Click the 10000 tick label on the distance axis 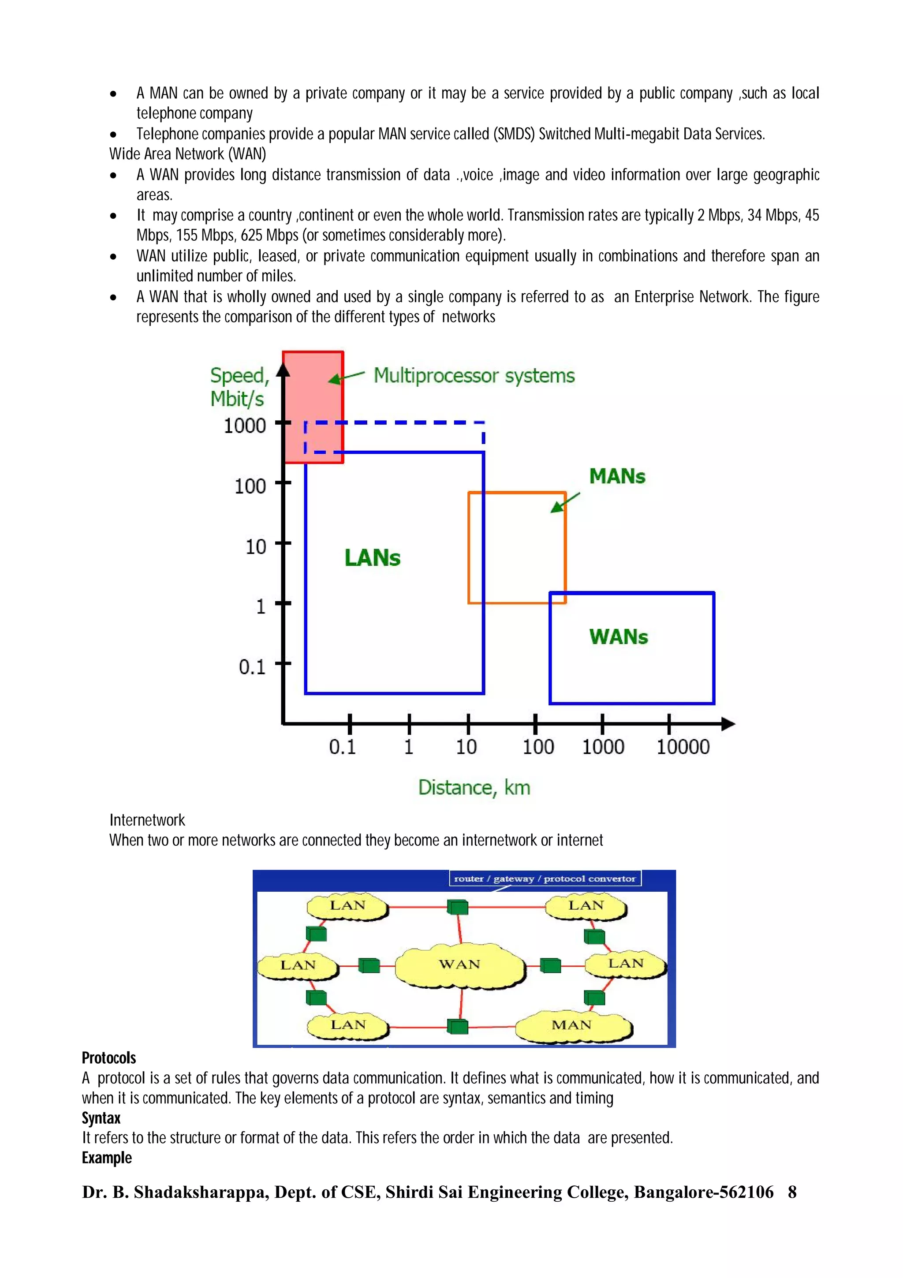[x=683, y=747]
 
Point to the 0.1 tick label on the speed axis [x=252, y=666]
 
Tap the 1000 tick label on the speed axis [x=245, y=426]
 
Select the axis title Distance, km [x=474, y=788]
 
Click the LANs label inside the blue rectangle [x=372, y=558]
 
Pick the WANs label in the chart [x=619, y=637]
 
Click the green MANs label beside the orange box [x=617, y=476]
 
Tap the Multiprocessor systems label [x=474, y=376]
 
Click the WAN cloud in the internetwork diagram [x=459, y=964]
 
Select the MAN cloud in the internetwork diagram [x=572, y=1025]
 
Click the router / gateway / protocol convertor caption [x=545, y=879]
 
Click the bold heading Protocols [x=109, y=1058]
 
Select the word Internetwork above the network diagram [x=147, y=820]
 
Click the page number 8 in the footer [x=792, y=1192]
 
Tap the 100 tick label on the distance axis [x=538, y=747]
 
